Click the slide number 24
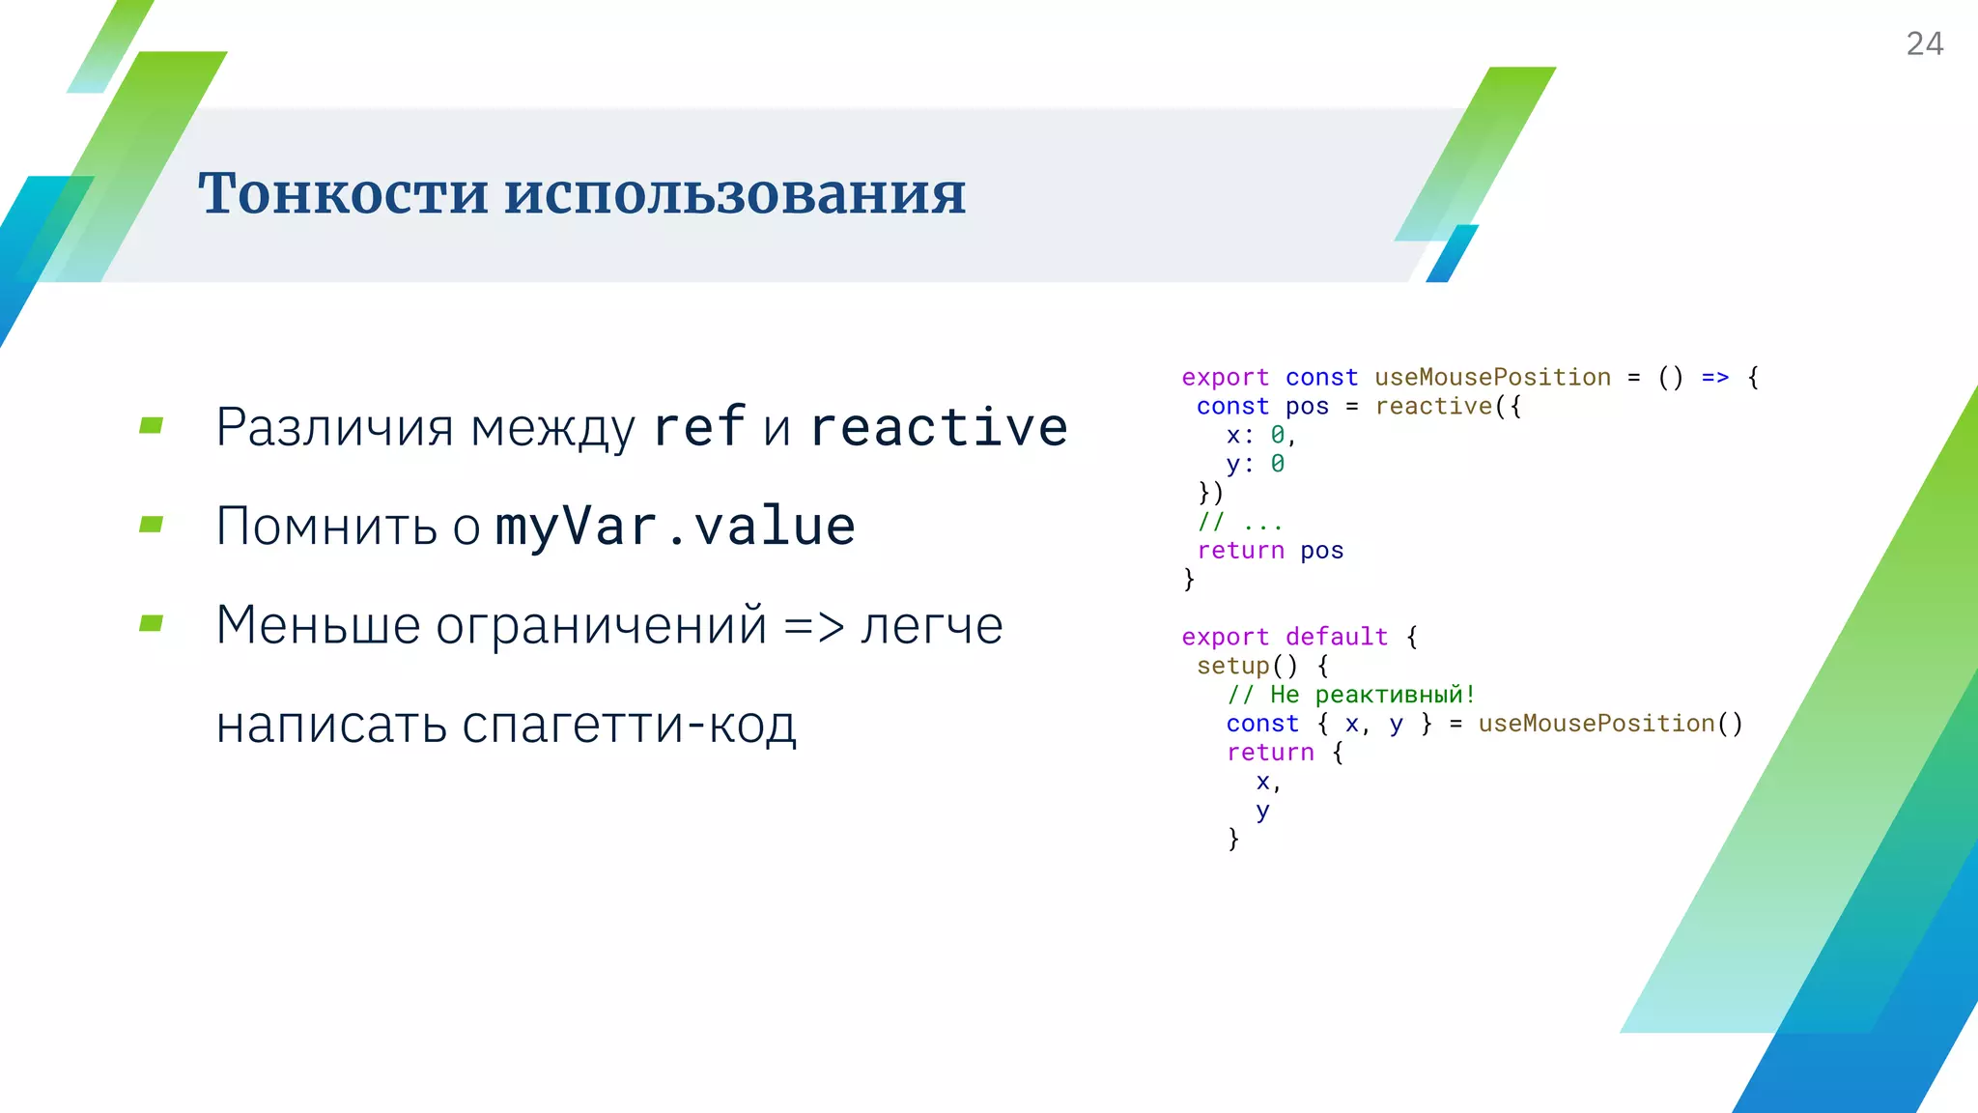(x=1924, y=43)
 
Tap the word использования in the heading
(x=734, y=193)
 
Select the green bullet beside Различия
(x=152, y=425)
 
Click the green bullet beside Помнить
(x=152, y=525)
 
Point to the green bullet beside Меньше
(x=152, y=623)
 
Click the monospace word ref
(x=699, y=427)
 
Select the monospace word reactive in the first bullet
(x=939, y=427)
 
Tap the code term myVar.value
(x=675, y=527)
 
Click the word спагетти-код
(x=629, y=725)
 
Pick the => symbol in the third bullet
(x=813, y=626)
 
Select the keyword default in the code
(x=1337, y=637)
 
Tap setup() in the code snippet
(x=1247, y=666)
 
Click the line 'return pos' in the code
(x=1270, y=551)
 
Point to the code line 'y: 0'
(x=1255, y=464)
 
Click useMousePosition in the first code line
(x=1492, y=377)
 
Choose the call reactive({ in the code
(x=1448, y=406)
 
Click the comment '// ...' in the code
(x=1240, y=522)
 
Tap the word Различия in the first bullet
(x=334, y=427)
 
